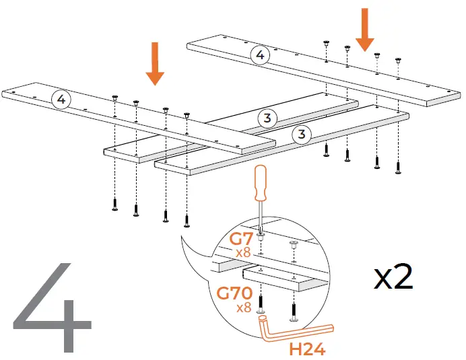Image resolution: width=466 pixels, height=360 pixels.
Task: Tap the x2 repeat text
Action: click(x=393, y=277)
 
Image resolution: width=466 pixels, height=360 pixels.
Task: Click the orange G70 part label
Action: click(x=234, y=293)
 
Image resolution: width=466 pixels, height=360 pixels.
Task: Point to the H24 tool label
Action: click(x=307, y=349)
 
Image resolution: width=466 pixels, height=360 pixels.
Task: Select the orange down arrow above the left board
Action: click(x=156, y=63)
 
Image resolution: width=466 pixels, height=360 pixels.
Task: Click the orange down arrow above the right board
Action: click(x=364, y=30)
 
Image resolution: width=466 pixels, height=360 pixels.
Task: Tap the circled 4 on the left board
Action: click(x=61, y=100)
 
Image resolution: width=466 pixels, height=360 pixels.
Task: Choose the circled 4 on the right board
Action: click(x=259, y=56)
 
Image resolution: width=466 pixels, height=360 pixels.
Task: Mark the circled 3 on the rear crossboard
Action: click(x=267, y=118)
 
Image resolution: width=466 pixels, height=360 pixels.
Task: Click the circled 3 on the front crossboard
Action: click(x=301, y=135)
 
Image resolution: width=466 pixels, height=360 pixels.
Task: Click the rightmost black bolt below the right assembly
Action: click(x=397, y=166)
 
